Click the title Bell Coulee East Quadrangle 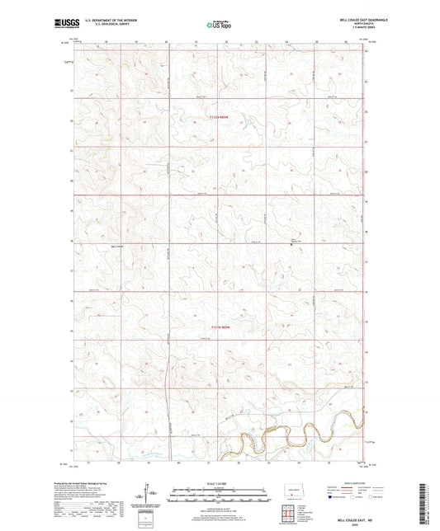click(x=347, y=21)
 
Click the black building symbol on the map click(x=291, y=242)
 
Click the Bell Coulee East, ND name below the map click(x=347, y=511)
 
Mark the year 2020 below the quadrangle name click(x=348, y=518)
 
